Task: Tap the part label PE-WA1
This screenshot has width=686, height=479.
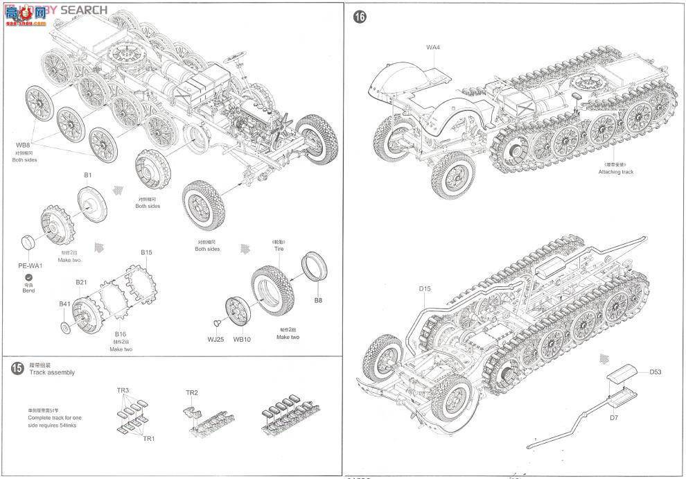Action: tap(30, 265)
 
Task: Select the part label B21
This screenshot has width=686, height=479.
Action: tap(81, 282)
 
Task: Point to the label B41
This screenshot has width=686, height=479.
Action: tap(64, 304)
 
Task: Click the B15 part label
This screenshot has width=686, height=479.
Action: tap(146, 252)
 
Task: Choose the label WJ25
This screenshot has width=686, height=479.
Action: tap(216, 339)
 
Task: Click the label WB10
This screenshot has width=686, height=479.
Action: tap(242, 339)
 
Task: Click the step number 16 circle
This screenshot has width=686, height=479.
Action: tap(359, 17)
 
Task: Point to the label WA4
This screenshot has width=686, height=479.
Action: tap(433, 47)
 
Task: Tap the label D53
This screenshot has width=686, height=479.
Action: tap(656, 372)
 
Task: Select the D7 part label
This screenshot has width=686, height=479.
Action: tap(613, 417)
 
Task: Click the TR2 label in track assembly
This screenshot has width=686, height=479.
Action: tap(192, 393)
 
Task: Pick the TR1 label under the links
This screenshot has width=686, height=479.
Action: tap(149, 439)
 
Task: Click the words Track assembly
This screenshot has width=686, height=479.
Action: tap(52, 372)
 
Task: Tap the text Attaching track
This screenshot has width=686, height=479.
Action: tap(615, 171)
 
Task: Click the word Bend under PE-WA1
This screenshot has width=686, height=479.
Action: tap(28, 291)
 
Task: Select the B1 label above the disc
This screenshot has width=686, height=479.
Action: tap(88, 175)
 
